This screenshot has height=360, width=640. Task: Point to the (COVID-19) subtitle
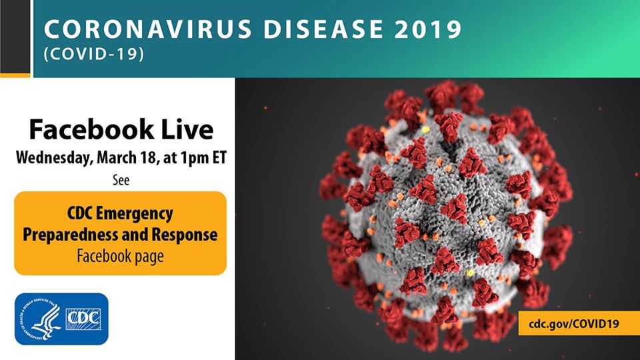coord(93,55)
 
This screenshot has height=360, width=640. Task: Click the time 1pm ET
coord(198,159)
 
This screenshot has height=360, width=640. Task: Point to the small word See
coord(121,179)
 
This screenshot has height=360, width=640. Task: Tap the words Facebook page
coord(121,256)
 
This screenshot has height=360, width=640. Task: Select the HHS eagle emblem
coord(39,319)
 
